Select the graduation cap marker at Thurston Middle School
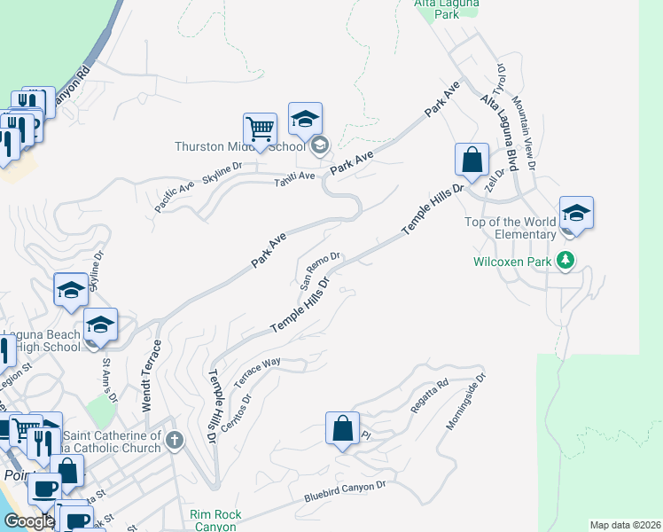tap(305, 120)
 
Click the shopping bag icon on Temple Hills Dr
tap(472, 160)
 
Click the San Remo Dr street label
tap(320, 270)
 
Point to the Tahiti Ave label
tap(294, 176)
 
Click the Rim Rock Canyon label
tap(213, 520)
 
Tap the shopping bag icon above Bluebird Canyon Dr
tap(342, 429)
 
